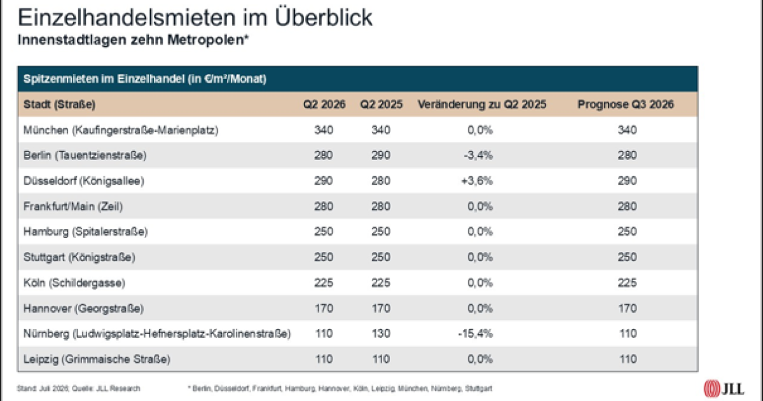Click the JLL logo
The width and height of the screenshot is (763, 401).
[724, 388]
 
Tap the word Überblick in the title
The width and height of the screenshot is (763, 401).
[324, 17]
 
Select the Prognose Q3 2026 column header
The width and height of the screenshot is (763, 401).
[626, 104]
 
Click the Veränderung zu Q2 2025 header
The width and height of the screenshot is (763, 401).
[482, 104]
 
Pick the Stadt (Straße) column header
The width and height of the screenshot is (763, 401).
[59, 104]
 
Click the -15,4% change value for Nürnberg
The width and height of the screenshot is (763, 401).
[475, 333]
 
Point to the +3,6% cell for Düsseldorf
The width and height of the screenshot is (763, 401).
[477, 181]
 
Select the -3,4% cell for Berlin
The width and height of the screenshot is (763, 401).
[478, 155]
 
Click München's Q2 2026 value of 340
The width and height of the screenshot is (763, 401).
[324, 130]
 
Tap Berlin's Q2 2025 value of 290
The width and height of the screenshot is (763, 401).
[380, 155]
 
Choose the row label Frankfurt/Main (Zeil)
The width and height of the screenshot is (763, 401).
[73, 206]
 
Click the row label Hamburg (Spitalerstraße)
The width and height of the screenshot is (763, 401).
[85, 232]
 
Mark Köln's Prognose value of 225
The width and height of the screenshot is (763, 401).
[627, 283]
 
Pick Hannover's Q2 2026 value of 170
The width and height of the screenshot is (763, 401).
[324, 308]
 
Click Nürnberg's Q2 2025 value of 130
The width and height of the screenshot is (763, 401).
[380, 333]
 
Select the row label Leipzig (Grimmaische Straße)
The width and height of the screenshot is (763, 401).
[97, 359]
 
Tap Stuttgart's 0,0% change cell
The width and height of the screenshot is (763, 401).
[480, 257]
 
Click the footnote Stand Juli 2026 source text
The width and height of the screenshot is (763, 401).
[78, 388]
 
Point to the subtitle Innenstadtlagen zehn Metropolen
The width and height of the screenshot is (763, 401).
[133, 40]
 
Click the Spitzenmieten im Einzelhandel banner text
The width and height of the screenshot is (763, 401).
[145, 79]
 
